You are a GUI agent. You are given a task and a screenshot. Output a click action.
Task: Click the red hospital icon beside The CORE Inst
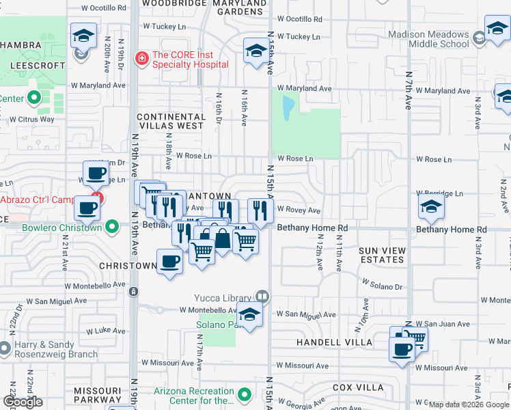pyautogui.click(x=142, y=59)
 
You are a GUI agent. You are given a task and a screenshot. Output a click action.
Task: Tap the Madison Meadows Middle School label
pyautogui.click(x=429, y=39)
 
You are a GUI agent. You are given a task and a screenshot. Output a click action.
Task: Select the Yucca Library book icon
pyautogui.click(x=262, y=297)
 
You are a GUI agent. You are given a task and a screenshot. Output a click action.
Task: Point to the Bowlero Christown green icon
pyautogui.click(x=111, y=228)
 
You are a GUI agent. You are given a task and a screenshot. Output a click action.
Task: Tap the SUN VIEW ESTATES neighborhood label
pyautogui.click(x=382, y=256)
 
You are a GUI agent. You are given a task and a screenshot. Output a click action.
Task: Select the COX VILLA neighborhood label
pyautogui.click(x=358, y=387)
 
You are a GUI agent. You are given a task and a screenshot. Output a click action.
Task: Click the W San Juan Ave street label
pyautogui.click(x=443, y=324)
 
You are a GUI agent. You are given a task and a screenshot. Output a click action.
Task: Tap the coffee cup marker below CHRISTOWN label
pyautogui.click(x=169, y=260)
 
